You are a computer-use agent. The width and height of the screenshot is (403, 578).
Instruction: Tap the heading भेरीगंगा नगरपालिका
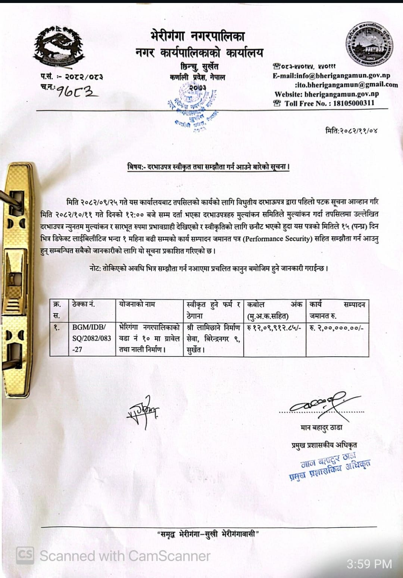click(198, 36)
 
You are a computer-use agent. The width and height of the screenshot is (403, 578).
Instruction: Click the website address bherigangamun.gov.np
click(341, 94)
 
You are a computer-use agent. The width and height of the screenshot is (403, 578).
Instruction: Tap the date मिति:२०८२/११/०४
click(352, 131)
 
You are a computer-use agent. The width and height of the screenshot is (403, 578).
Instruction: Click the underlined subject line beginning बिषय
click(208, 167)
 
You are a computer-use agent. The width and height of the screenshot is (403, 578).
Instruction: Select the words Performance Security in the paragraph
click(277, 239)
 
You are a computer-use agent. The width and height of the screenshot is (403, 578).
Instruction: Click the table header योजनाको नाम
click(137, 304)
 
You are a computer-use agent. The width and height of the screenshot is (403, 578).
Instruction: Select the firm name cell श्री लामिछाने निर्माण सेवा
click(213, 338)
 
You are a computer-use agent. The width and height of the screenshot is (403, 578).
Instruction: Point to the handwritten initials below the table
click(143, 411)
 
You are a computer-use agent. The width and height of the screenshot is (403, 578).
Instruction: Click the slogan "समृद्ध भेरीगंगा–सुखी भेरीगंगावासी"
click(208, 534)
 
